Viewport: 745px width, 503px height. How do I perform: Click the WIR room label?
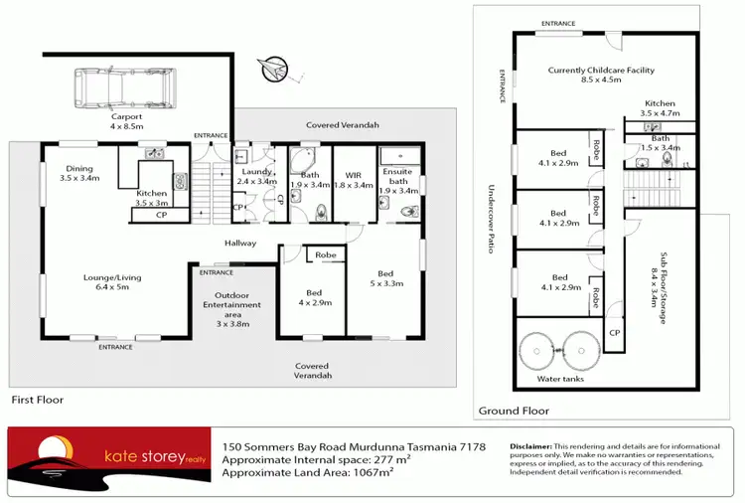pyautogui.click(x=352, y=178)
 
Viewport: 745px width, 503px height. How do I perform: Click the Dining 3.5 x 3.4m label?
pyautogui.click(x=79, y=174)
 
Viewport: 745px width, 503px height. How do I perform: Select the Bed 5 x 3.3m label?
pyautogui.click(x=384, y=279)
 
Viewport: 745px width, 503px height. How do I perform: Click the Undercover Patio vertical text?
pyautogui.click(x=491, y=220)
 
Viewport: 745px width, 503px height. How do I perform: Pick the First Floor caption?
pyautogui.click(x=37, y=400)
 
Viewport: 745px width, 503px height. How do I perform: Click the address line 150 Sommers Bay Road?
pyautogui.click(x=355, y=447)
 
